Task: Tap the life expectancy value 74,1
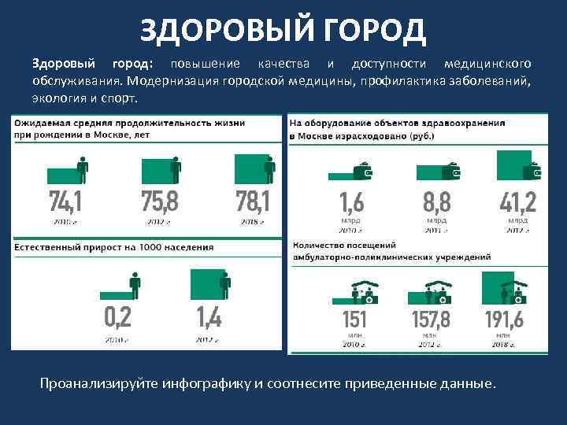[65, 202]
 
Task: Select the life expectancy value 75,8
[160, 202]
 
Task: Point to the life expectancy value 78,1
[253, 202]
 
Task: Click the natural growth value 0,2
[118, 318]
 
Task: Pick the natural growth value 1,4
[209, 318]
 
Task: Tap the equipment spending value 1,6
[352, 202]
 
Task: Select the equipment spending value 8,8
[437, 202]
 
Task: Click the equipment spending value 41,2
[518, 202]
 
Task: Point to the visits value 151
[354, 321]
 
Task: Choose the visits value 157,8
[431, 321]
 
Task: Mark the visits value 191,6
[505, 321]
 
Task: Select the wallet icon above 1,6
[365, 169]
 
